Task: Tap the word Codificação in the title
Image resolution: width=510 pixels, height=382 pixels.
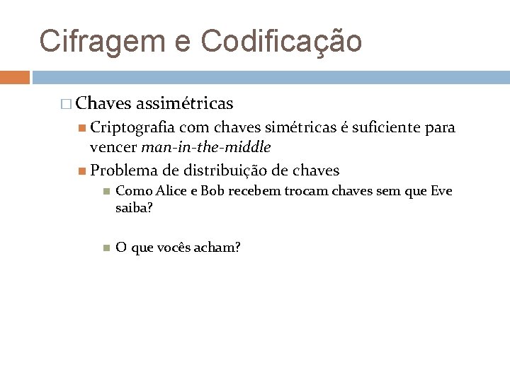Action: click(x=282, y=40)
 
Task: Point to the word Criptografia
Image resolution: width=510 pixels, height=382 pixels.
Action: click(x=132, y=128)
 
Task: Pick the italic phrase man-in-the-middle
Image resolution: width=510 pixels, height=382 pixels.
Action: click(x=206, y=148)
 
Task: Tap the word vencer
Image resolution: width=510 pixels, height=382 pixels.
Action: click(x=113, y=148)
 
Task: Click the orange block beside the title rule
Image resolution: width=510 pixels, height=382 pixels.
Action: click(x=15, y=76)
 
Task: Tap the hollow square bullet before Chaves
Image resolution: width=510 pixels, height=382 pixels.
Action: click(x=67, y=105)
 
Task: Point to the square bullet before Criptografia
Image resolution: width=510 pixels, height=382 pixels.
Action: click(x=82, y=129)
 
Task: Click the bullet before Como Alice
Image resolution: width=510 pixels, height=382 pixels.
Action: click(x=105, y=191)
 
